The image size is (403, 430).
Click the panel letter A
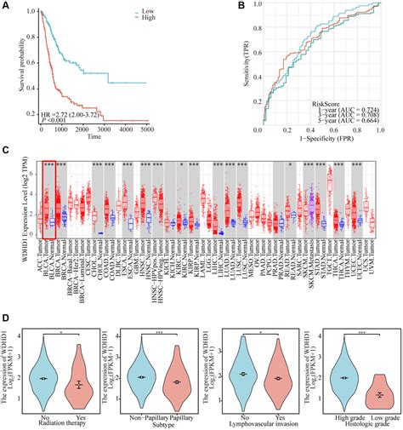click(x=7, y=6)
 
